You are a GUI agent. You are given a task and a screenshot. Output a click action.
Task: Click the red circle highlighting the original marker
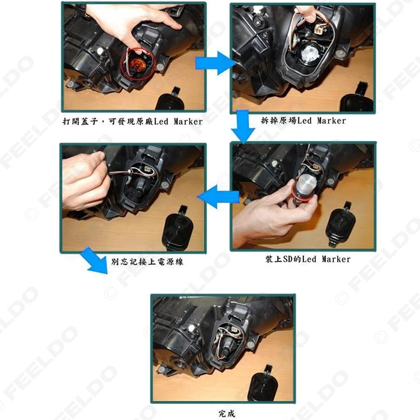[121, 64]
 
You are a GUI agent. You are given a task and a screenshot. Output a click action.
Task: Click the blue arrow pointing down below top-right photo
[243, 127]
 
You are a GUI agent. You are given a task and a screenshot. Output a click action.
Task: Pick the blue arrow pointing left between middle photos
[218, 196]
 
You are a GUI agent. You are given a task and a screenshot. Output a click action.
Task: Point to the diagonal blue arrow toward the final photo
[95, 260]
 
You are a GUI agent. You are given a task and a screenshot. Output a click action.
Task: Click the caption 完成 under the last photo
[227, 413]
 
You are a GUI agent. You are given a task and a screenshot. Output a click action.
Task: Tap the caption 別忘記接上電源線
[147, 261]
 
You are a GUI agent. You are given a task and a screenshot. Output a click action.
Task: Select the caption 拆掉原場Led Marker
[303, 121]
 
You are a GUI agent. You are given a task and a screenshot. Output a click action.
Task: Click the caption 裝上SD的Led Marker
[308, 259]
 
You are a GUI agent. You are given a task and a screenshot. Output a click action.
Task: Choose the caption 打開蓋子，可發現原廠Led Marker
[133, 121]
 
